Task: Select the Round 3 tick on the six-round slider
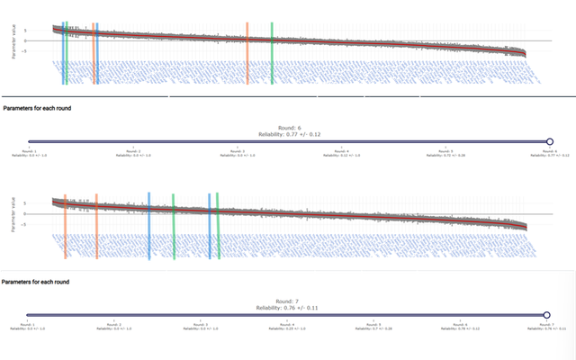pyautogui.click(x=236, y=141)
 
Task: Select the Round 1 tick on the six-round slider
pyautogui.click(x=30, y=141)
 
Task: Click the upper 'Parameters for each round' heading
pyautogui.click(x=38, y=108)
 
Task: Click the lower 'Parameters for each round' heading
pyautogui.click(x=38, y=282)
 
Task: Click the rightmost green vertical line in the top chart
pyautogui.click(x=272, y=54)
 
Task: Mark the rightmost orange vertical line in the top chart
pyautogui.click(x=247, y=54)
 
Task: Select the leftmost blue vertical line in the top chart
pyautogui.click(x=63, y=54)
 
